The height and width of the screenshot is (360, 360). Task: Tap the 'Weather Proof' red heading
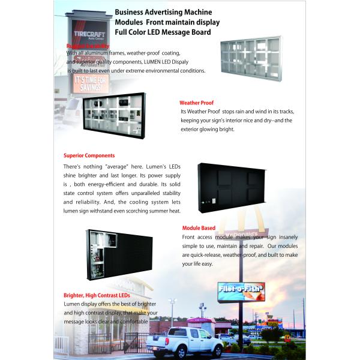click(x=196, y=103)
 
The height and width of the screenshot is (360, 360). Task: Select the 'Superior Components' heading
click(x=89, y=156)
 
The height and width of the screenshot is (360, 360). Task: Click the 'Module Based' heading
click(x=199, y=228)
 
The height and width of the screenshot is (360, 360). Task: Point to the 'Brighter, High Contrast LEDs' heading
click(x=97, y=295)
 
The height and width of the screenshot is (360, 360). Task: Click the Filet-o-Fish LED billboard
click(x=241, y=292)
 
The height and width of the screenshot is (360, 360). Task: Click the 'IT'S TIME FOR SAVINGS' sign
click(x=91, y=83)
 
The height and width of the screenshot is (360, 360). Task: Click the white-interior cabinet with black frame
click(x=114, y=116)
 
